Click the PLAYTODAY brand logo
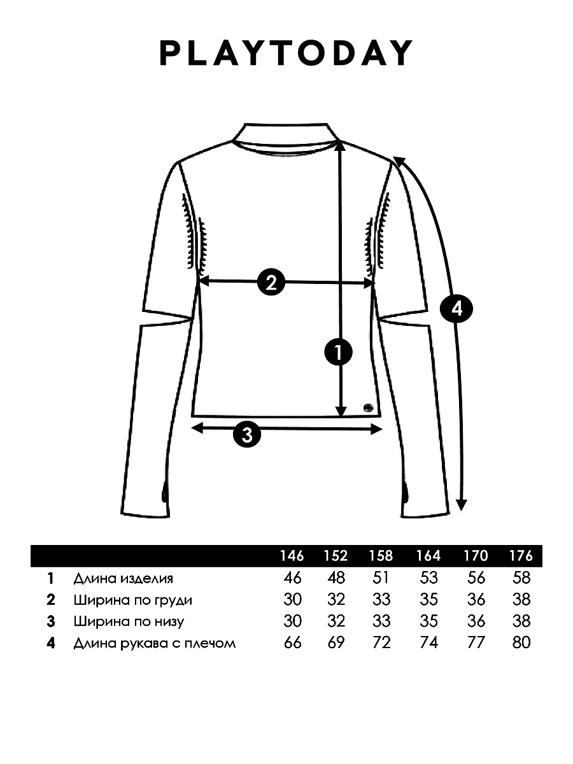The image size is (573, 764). [286, 53]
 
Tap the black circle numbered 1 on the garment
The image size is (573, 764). [339, 352]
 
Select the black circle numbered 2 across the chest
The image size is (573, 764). [271, 282]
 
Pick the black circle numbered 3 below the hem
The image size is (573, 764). [247, 434]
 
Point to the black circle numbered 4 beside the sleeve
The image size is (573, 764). [456, 308]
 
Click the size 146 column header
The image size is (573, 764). [292, 556]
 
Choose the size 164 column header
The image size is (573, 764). [428, 556]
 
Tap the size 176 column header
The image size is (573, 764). [521, 556]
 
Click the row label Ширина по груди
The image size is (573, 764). [133, 600]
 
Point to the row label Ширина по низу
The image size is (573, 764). [129, 621]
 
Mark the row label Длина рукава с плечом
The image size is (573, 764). [155, 643]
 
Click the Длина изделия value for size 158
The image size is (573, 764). [381, 578]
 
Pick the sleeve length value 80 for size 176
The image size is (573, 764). [521, 642]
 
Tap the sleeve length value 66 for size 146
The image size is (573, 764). [292, 642]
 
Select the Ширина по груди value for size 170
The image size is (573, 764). [476, 600]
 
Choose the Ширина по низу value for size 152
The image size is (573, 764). [336, 621]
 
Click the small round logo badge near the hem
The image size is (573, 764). [367, 407]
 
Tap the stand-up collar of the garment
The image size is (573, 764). [286, 134]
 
